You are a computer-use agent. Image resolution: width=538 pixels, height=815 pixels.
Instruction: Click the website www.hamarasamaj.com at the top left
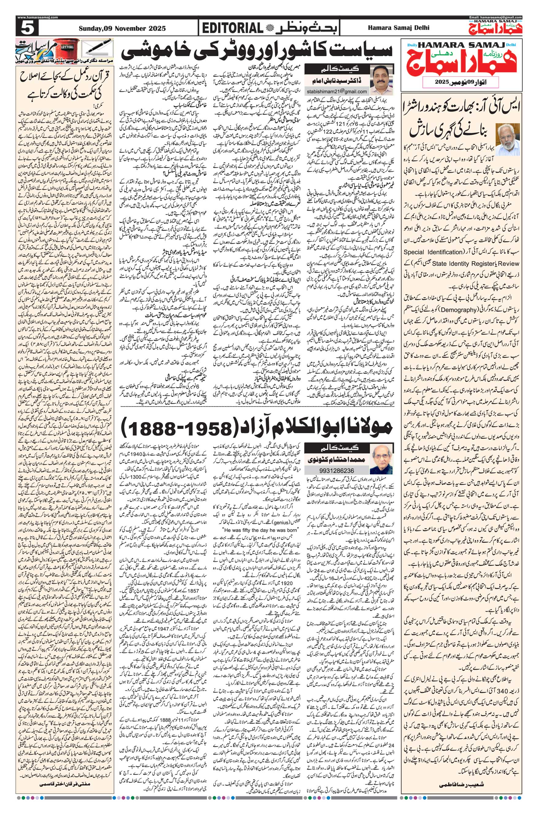coord(37,17)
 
